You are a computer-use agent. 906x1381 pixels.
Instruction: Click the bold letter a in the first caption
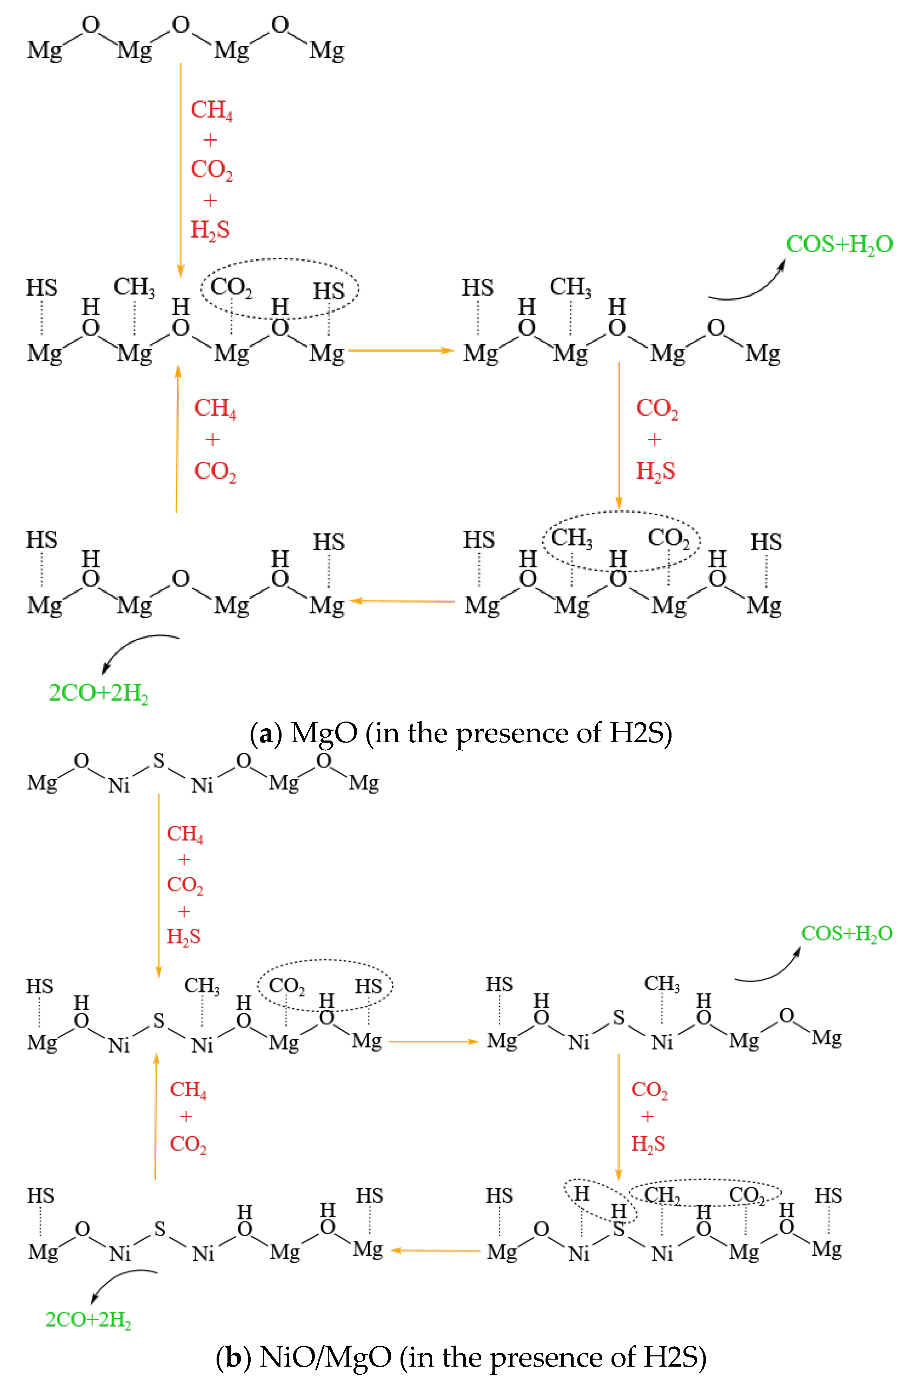pyautogui.click(x=266, y=735)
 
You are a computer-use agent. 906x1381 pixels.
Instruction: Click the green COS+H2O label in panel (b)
pyautogui.click(x=846, y=934)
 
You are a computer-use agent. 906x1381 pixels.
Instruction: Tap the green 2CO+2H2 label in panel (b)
pyautogui.click(x=88, y=1320)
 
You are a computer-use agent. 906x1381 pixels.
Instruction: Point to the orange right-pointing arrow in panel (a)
pyautogui.click(x=401, y=350)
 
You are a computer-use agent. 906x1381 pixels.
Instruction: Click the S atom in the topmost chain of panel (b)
pyautogui.click(x=158, y=761)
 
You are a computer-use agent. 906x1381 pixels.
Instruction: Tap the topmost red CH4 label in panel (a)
pyautogui.click(x=211, y=109)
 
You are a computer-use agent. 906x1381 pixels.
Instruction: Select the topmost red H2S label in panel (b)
pyautogui.click(x=183, y=937)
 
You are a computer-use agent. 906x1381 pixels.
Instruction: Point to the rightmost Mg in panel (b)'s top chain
pyautogui.click(x=364, y=783)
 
